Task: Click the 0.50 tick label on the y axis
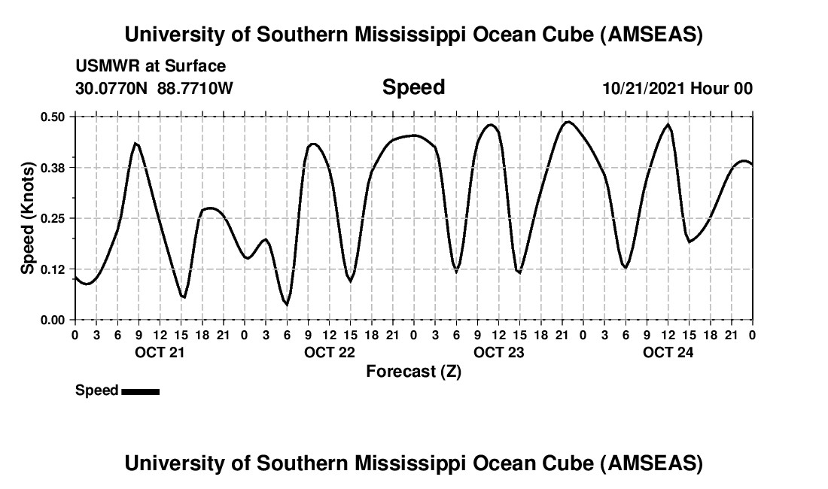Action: click(x=53, y=117)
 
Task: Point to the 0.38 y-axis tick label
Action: click(x=53, y=167)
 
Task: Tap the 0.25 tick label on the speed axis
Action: click(x=53, y=218)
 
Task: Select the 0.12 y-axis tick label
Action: click(x=53, y=269)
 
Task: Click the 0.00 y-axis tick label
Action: click(x=53, y=320)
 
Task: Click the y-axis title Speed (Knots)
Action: click(x=28, y=218)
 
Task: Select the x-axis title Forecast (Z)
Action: click(x=413, y=371)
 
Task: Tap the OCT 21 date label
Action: click(x=159, y=352)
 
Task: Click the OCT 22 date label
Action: click(x=329, y=352)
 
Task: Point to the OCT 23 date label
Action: click(x=498, y=352)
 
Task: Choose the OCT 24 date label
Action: click(x=668, y=352)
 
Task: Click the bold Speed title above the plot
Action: click(x=413, y=87)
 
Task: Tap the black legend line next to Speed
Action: click(x=140, y=391)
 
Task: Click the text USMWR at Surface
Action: click(x=151, y=67)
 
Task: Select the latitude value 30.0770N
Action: click(x=112, y=88)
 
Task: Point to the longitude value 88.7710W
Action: click(x=196, y=88)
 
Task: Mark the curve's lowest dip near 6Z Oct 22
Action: click(x=286, y=305)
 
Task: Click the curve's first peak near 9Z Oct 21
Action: click(x=135, y=143)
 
